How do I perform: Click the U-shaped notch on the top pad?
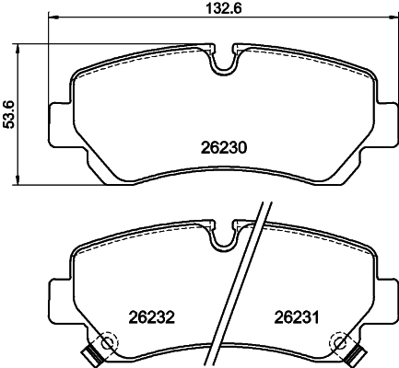(x=222, y=63)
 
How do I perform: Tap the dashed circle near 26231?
(x=338, y=343)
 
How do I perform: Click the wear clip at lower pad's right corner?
(x=354, y=355)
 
